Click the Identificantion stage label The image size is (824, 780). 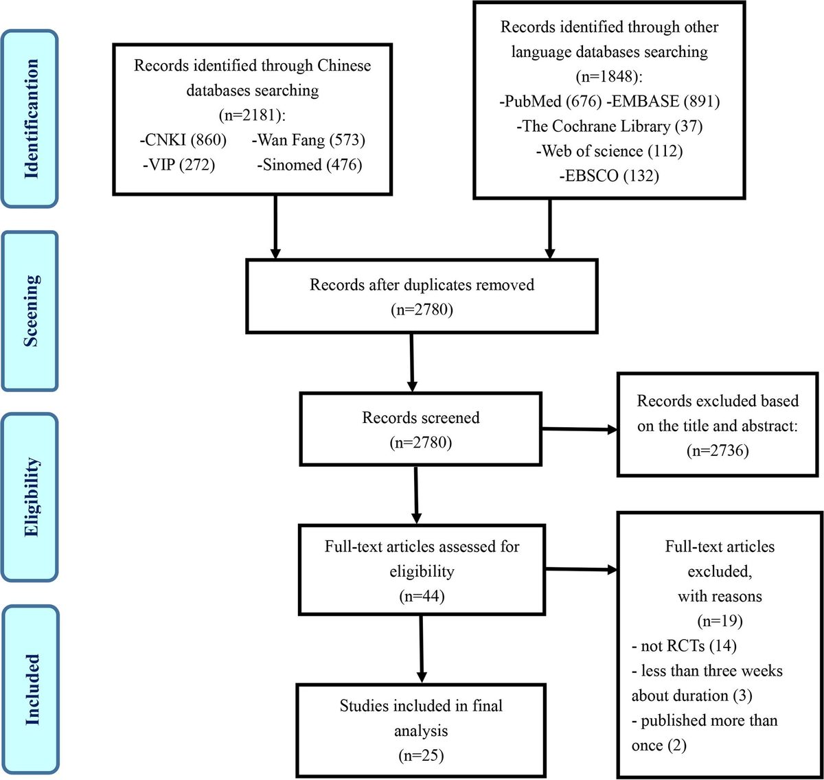click(31, 119)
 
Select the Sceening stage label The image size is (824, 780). click(31, 311)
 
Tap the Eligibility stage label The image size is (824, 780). click(31, 496)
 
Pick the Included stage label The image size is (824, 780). click(31, 689)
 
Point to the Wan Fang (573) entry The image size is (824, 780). click(308, 140)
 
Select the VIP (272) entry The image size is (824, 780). click(179, 165)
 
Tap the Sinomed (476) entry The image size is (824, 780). click(310, 165)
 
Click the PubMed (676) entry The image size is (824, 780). click(551, 102)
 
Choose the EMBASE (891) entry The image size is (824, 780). click(663, 102)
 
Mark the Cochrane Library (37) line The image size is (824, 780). click(609, 126)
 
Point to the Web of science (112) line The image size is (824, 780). click(609, 151)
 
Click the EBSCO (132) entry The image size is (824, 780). click(609, 176)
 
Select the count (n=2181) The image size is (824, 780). click(252, 115)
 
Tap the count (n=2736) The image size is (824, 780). click(718, 450)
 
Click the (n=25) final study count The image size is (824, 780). click(421, 755)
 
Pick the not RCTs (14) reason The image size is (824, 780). click(684, 646)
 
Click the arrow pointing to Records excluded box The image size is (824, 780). click(580, 430)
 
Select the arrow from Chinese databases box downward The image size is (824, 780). click(275, 227)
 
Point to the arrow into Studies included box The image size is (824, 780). click(421, 649)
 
